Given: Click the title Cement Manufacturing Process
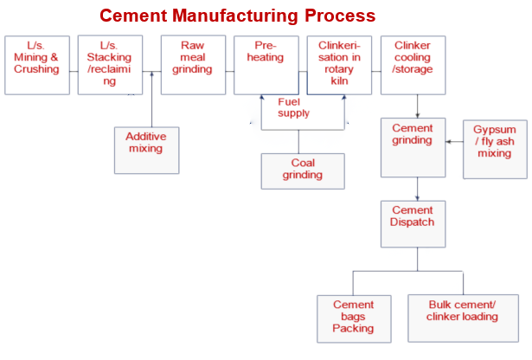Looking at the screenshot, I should [237, 16].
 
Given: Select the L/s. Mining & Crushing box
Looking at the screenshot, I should [36, 65].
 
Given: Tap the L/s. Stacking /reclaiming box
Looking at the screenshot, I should [110, 65].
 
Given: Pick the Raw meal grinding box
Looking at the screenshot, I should [193, 65].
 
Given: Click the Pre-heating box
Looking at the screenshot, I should [266, 65].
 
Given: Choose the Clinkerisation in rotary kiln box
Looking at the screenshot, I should [339, 65].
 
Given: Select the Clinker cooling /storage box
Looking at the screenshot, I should [413, 65].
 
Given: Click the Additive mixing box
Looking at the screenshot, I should [146, 150].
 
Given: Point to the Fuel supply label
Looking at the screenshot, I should [293, 107].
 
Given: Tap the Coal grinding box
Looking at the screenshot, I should [303, 170].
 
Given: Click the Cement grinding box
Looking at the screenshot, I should [413, 147].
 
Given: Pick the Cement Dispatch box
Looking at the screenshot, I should [413, 223].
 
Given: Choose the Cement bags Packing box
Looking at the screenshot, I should [353, 318].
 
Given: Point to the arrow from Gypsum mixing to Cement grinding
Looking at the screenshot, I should [454, 141].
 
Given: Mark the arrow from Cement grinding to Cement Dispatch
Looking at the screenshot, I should [418, 189].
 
